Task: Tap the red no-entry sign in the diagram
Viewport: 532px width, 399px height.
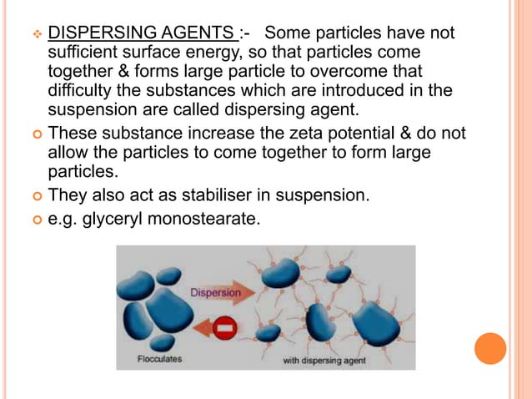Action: click(x=224, y=328)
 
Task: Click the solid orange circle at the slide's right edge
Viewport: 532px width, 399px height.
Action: click(x=490, y=348)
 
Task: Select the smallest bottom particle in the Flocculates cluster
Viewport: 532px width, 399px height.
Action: click(x=162, y=341)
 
